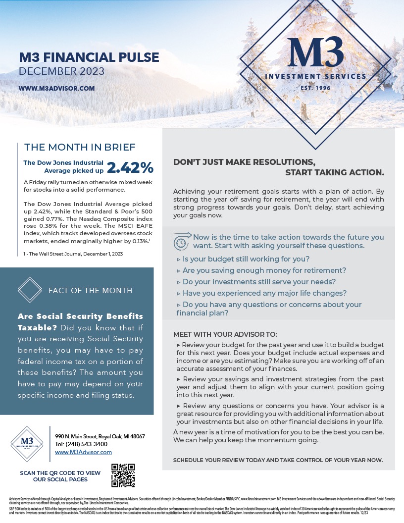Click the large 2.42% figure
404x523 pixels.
130,167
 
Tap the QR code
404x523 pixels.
123,475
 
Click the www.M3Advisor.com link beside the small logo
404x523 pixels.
83,452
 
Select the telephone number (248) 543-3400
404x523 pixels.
81,444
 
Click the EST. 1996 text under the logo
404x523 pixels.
315,88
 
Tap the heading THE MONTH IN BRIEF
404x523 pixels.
80,147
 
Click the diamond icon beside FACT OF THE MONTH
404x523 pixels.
30,290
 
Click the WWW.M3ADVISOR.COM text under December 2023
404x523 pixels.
56,88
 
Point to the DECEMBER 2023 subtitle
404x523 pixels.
61,71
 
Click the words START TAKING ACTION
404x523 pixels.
335,172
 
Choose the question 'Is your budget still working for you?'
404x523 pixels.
243,259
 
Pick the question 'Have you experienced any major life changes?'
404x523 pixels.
261,293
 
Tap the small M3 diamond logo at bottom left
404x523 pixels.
27,444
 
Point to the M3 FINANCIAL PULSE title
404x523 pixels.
89,57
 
